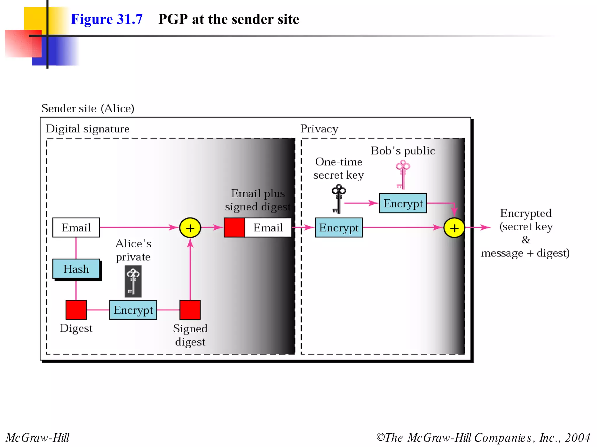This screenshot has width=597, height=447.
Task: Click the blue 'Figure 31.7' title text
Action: tap(106, 19)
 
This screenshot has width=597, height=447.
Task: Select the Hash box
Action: tap(76, 269)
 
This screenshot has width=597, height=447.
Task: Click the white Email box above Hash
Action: tap(76, 228)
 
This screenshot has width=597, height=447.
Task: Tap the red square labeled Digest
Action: tap(76, 310)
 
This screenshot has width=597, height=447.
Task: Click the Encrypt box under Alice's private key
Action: tap(133, 310)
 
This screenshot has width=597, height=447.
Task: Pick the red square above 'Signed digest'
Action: tap(190, 310)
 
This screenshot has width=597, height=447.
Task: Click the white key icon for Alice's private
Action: tap(133, 281)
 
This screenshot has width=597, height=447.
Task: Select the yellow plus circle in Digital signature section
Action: tap(190, 228)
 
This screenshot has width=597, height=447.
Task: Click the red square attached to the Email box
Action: tap(234, 228)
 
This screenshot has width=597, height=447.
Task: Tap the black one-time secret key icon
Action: tap(338, 198)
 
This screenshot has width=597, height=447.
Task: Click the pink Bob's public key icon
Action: tap(403, 175)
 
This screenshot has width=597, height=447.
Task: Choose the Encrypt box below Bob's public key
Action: tap(403, 203)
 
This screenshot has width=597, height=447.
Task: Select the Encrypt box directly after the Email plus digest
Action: tap(339, 228)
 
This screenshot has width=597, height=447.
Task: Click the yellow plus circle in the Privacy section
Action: tap(454, 228)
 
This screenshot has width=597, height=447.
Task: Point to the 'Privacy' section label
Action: tap(319, 129)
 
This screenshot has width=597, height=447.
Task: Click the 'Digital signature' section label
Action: tap(87, 129)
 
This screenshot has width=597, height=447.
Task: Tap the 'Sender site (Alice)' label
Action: tap(87, 108)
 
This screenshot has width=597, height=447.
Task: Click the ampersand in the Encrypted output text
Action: tap(526, 240)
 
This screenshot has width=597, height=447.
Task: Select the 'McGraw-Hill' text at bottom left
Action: tap(37, 437)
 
